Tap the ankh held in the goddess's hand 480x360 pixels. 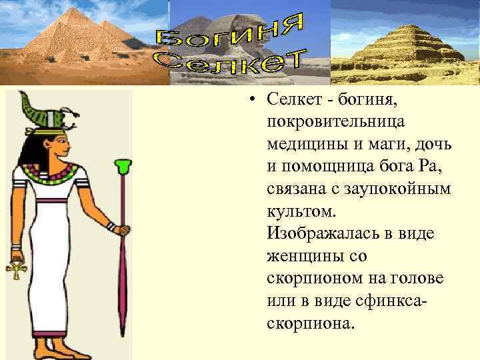point(15,270)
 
